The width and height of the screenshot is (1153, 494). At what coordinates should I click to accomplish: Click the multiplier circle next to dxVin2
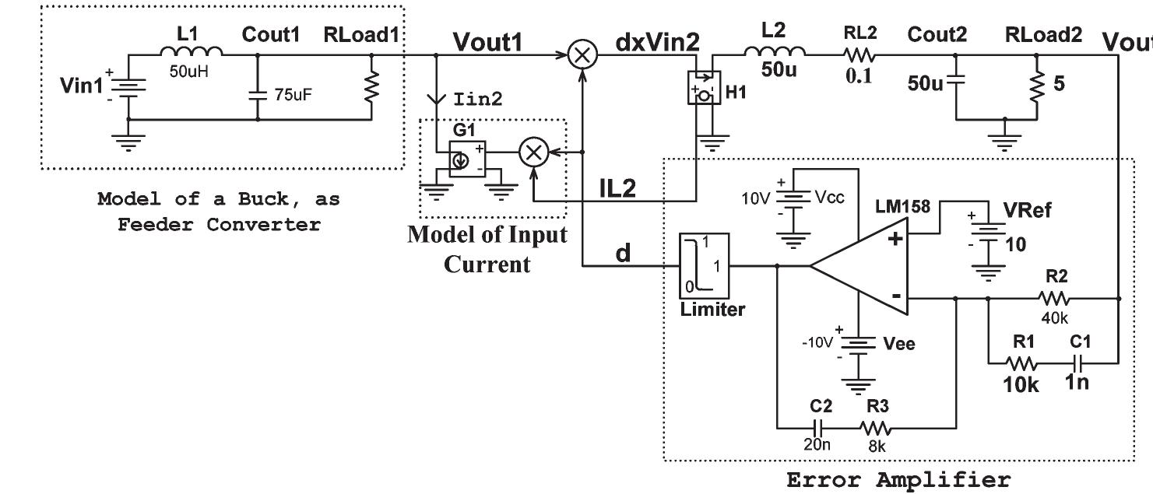point(581,55)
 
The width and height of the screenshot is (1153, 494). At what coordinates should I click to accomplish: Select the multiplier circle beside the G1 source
point(533,153)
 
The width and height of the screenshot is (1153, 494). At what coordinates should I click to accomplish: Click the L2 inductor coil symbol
point(775,53)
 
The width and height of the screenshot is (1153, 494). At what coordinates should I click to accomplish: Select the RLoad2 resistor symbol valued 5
point(1037,86)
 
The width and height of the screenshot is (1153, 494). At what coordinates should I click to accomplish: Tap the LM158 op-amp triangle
point(860,267)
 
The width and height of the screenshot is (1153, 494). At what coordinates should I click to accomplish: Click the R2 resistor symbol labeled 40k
point(1055,297)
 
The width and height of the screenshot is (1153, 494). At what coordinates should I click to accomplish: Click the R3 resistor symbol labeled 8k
point(876,427)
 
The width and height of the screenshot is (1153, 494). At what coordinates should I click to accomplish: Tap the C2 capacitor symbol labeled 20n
point(817,427)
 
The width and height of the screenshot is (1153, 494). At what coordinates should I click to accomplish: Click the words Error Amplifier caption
point(898,479)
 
